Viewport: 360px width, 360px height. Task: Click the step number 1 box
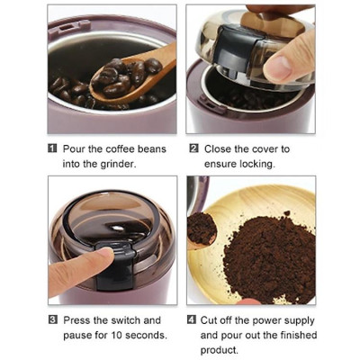pyautogui.click(x=52, y=148)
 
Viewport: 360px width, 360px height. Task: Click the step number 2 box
pyautogui.click(x=193, y=148)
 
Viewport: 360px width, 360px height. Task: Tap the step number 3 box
pyautogui.click(x=52, y=319)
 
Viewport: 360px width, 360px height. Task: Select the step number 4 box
pyautogui.click(x=193, y=319)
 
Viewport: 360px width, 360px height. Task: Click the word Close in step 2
pyautogui.click(x=219, y=148)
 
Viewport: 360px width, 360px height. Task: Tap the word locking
pyautogui.click(x=256, y=163)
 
